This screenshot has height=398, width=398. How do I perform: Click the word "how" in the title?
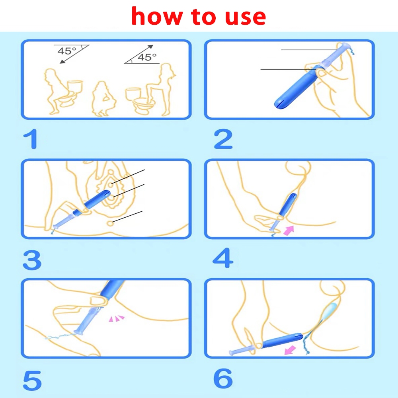coord(157,16)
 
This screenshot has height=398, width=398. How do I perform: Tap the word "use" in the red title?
coord(246,18)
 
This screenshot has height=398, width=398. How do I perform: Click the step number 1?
coord(31,139)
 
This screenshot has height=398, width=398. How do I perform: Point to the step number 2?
coord(223,139)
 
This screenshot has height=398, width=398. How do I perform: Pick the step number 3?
coord(32,260)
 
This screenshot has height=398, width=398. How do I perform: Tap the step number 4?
coord(222,258)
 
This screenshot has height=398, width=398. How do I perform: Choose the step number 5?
coord(32,380)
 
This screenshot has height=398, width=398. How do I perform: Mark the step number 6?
coord(223,379)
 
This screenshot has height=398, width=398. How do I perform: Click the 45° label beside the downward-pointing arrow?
coord(67,51)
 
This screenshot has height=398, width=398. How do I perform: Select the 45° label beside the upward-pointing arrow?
coord(147,57)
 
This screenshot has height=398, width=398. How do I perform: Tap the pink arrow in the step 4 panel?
coord(289,230)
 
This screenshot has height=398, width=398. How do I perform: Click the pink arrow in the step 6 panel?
coord(290,350)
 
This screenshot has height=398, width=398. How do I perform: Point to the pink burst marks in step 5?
coord(117,318)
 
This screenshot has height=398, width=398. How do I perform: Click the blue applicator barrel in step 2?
coord(296,87)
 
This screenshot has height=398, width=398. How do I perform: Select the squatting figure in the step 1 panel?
coord(103,99)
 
